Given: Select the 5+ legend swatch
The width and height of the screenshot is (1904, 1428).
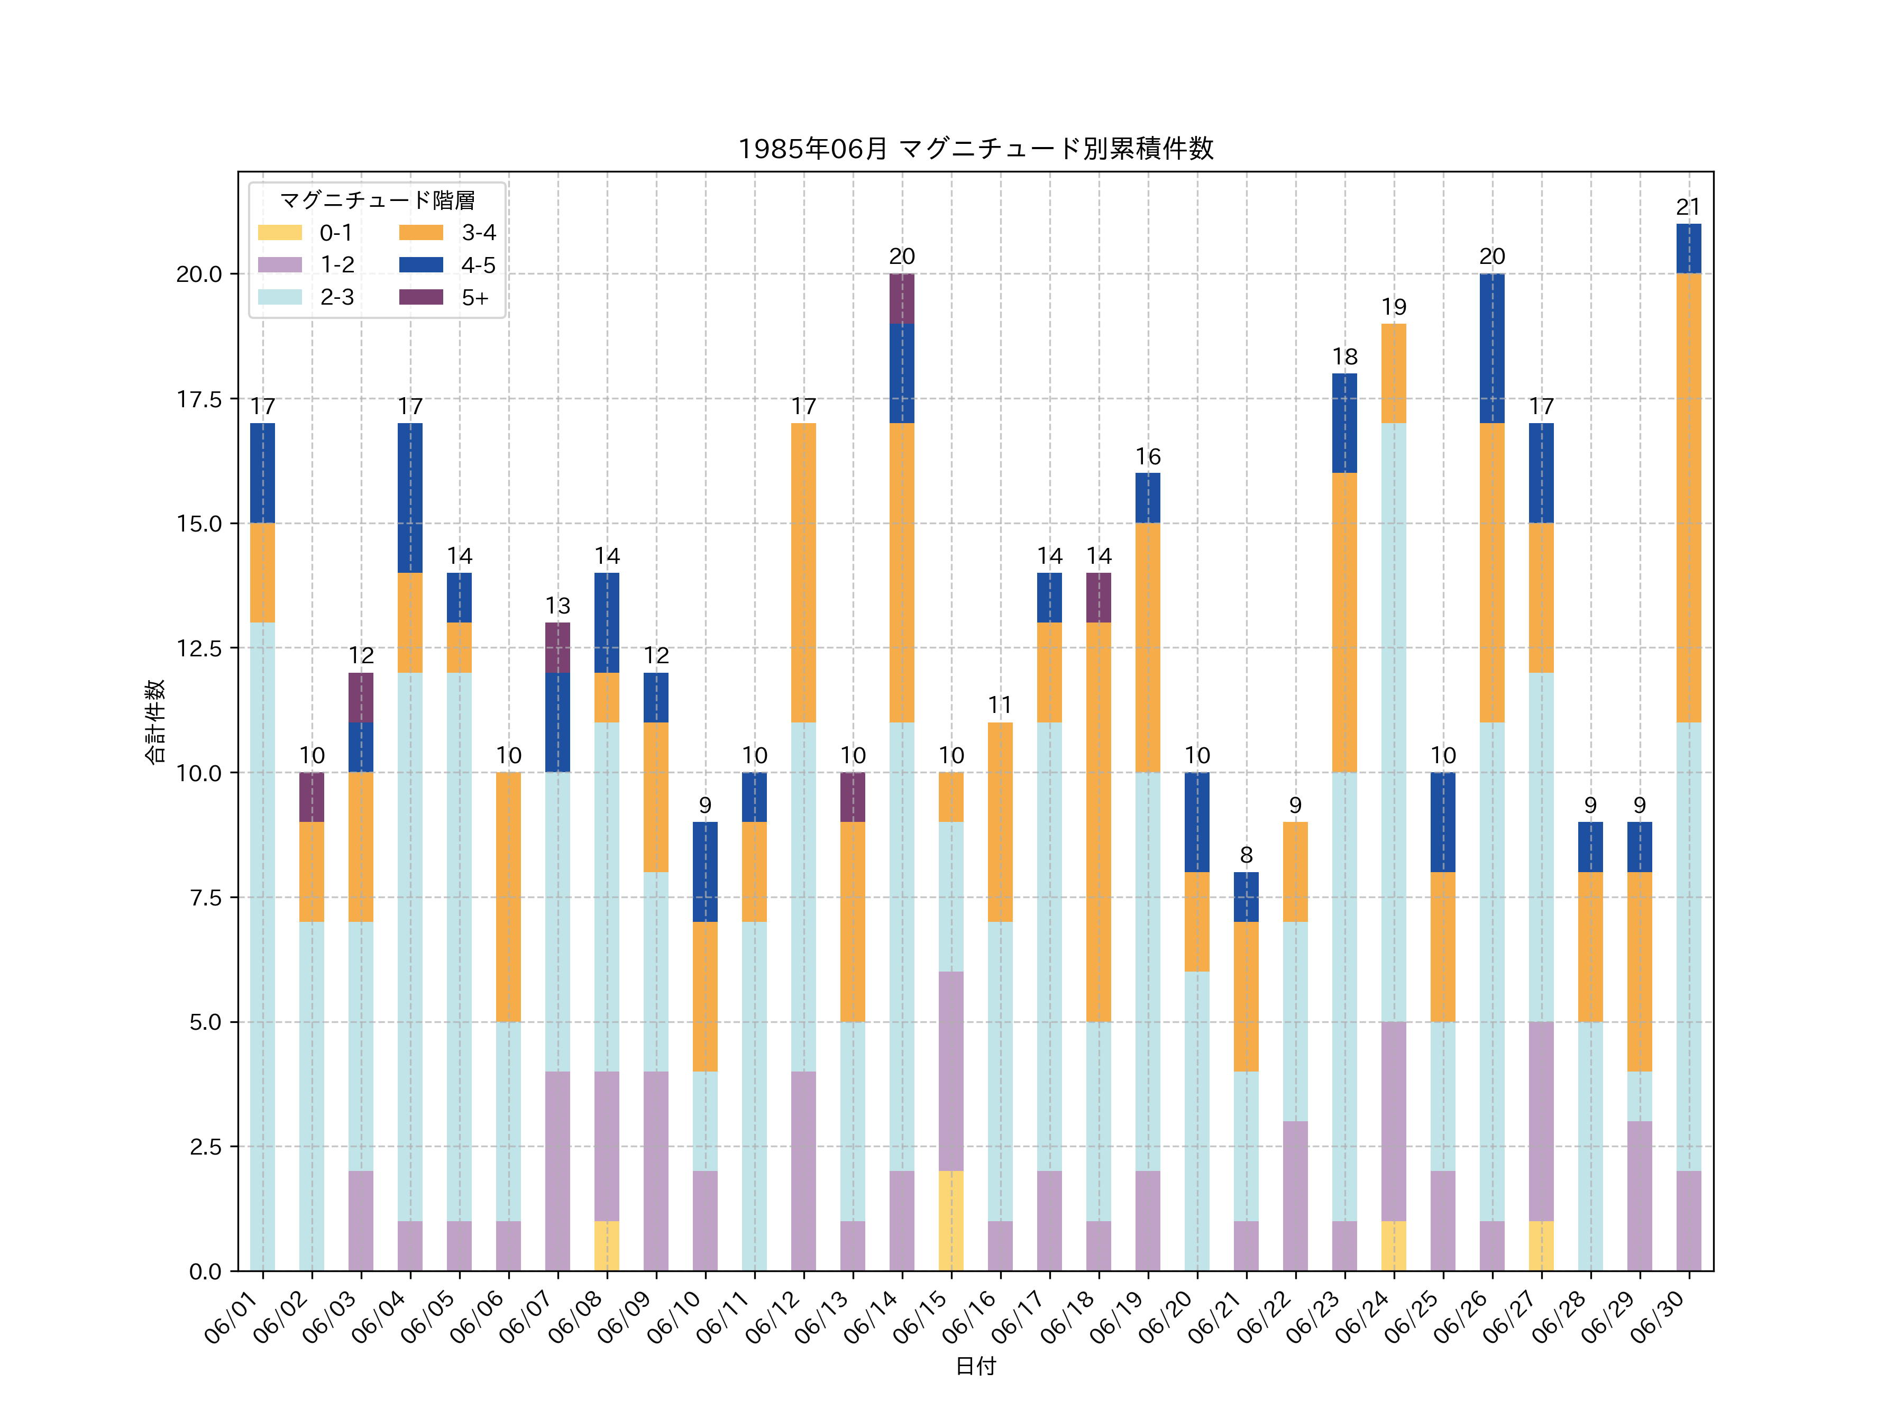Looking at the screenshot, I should point(421,297).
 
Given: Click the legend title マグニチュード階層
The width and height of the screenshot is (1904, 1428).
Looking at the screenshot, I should point(377,200).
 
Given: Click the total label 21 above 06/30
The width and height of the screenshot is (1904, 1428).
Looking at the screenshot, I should point(1688,207).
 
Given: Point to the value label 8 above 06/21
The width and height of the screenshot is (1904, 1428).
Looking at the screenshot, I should point(1246,855).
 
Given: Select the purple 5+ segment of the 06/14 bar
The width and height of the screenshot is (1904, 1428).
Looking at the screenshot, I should point(901,299).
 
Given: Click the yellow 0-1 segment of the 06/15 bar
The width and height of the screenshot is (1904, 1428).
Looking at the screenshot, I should point(950,1221).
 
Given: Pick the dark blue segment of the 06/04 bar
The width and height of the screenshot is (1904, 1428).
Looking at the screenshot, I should point(410,498).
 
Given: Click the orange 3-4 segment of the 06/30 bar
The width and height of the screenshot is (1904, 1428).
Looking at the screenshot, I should point(1688,498).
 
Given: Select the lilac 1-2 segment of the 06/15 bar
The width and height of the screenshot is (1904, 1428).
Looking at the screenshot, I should point(950,1071).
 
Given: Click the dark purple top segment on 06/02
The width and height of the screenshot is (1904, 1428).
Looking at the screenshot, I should point(312,797).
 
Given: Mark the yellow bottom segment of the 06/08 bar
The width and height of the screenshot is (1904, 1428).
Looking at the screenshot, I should point(607,1246).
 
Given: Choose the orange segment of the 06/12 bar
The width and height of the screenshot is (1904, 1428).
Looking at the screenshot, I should point(803,572).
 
